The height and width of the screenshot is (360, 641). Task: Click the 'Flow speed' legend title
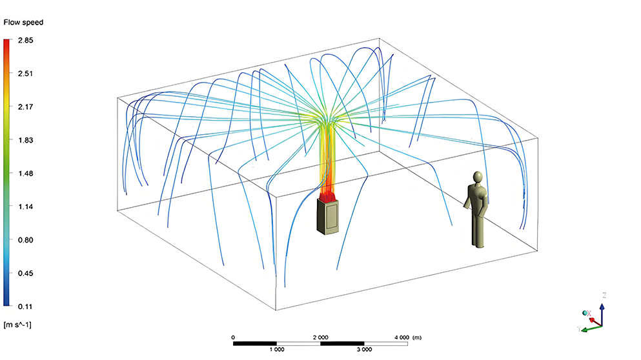(23, 23)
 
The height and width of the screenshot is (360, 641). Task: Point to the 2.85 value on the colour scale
(25, 41)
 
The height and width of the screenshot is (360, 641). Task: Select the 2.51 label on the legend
(25, 74)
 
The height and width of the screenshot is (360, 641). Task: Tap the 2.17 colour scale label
(25, 107)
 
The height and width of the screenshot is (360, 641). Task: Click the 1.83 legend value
(25, 140)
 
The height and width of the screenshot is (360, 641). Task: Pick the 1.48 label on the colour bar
(25, 174)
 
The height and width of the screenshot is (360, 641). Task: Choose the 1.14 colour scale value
(25, 206)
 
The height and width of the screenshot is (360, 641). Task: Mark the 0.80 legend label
(25, 240)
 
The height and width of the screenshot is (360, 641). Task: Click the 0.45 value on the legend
(25, 274)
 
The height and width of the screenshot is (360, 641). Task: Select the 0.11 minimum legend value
(25, 306)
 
